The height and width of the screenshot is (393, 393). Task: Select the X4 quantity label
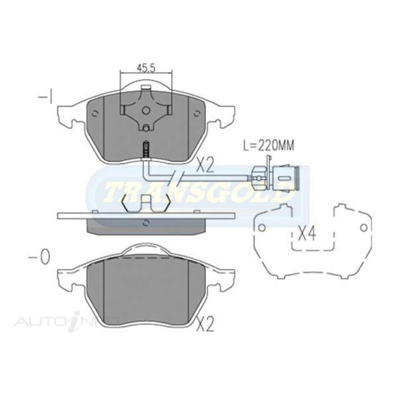point(307,235)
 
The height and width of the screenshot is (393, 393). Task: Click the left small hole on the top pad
point(95,114)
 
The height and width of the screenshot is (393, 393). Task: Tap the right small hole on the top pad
point(196,114)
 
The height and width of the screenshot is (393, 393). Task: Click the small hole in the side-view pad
point(146,223)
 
